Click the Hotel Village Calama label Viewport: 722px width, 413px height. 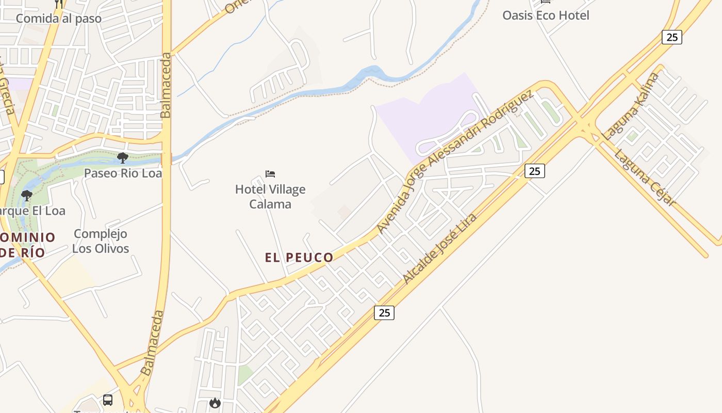(x=270, y=197)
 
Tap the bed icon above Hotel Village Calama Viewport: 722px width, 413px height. (x=270, y=174)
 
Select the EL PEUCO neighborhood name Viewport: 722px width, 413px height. (x=299, y=258)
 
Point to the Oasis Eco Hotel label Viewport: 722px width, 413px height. (x=546, y=15)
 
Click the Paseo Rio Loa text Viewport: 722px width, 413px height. (x=123, y=173)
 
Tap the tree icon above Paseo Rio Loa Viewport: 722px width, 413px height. (x=123, y=157)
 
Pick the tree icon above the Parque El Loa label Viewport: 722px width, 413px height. (x=26, y=196)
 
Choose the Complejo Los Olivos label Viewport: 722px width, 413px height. (x=100, y=241)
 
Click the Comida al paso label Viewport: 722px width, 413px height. (x=59, y=19)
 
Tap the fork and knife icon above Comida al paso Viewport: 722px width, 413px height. (x=59, y=4)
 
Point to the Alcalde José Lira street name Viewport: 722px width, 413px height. (x=439, y=248)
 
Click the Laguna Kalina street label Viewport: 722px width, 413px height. (x=630, y=107)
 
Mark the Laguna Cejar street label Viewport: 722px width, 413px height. (x=645, y=178)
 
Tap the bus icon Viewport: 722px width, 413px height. (x=108, y=400)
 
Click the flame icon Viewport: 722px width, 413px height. (x=215, y=403)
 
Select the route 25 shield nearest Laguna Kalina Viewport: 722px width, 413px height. (x=671, y=37)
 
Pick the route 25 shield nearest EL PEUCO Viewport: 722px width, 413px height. (x=384, y=312)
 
